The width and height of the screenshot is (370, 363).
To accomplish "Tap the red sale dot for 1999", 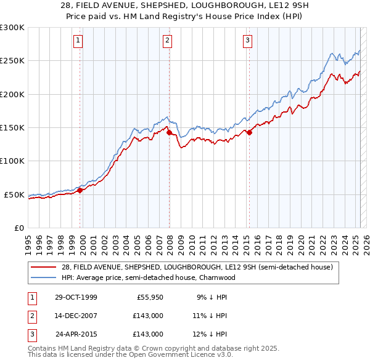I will pyautogui.click(x=80, y=190).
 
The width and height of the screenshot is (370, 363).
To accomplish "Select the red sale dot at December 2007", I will pyautogui.click(x=169, y=132).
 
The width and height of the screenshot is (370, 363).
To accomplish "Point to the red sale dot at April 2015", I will pyautogui.click(x=249, y=132).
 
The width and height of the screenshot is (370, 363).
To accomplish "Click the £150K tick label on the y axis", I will pyautogui.click(x=12, y=127).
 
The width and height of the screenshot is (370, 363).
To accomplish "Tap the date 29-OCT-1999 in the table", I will pyautogui.click(x=76, y=297).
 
